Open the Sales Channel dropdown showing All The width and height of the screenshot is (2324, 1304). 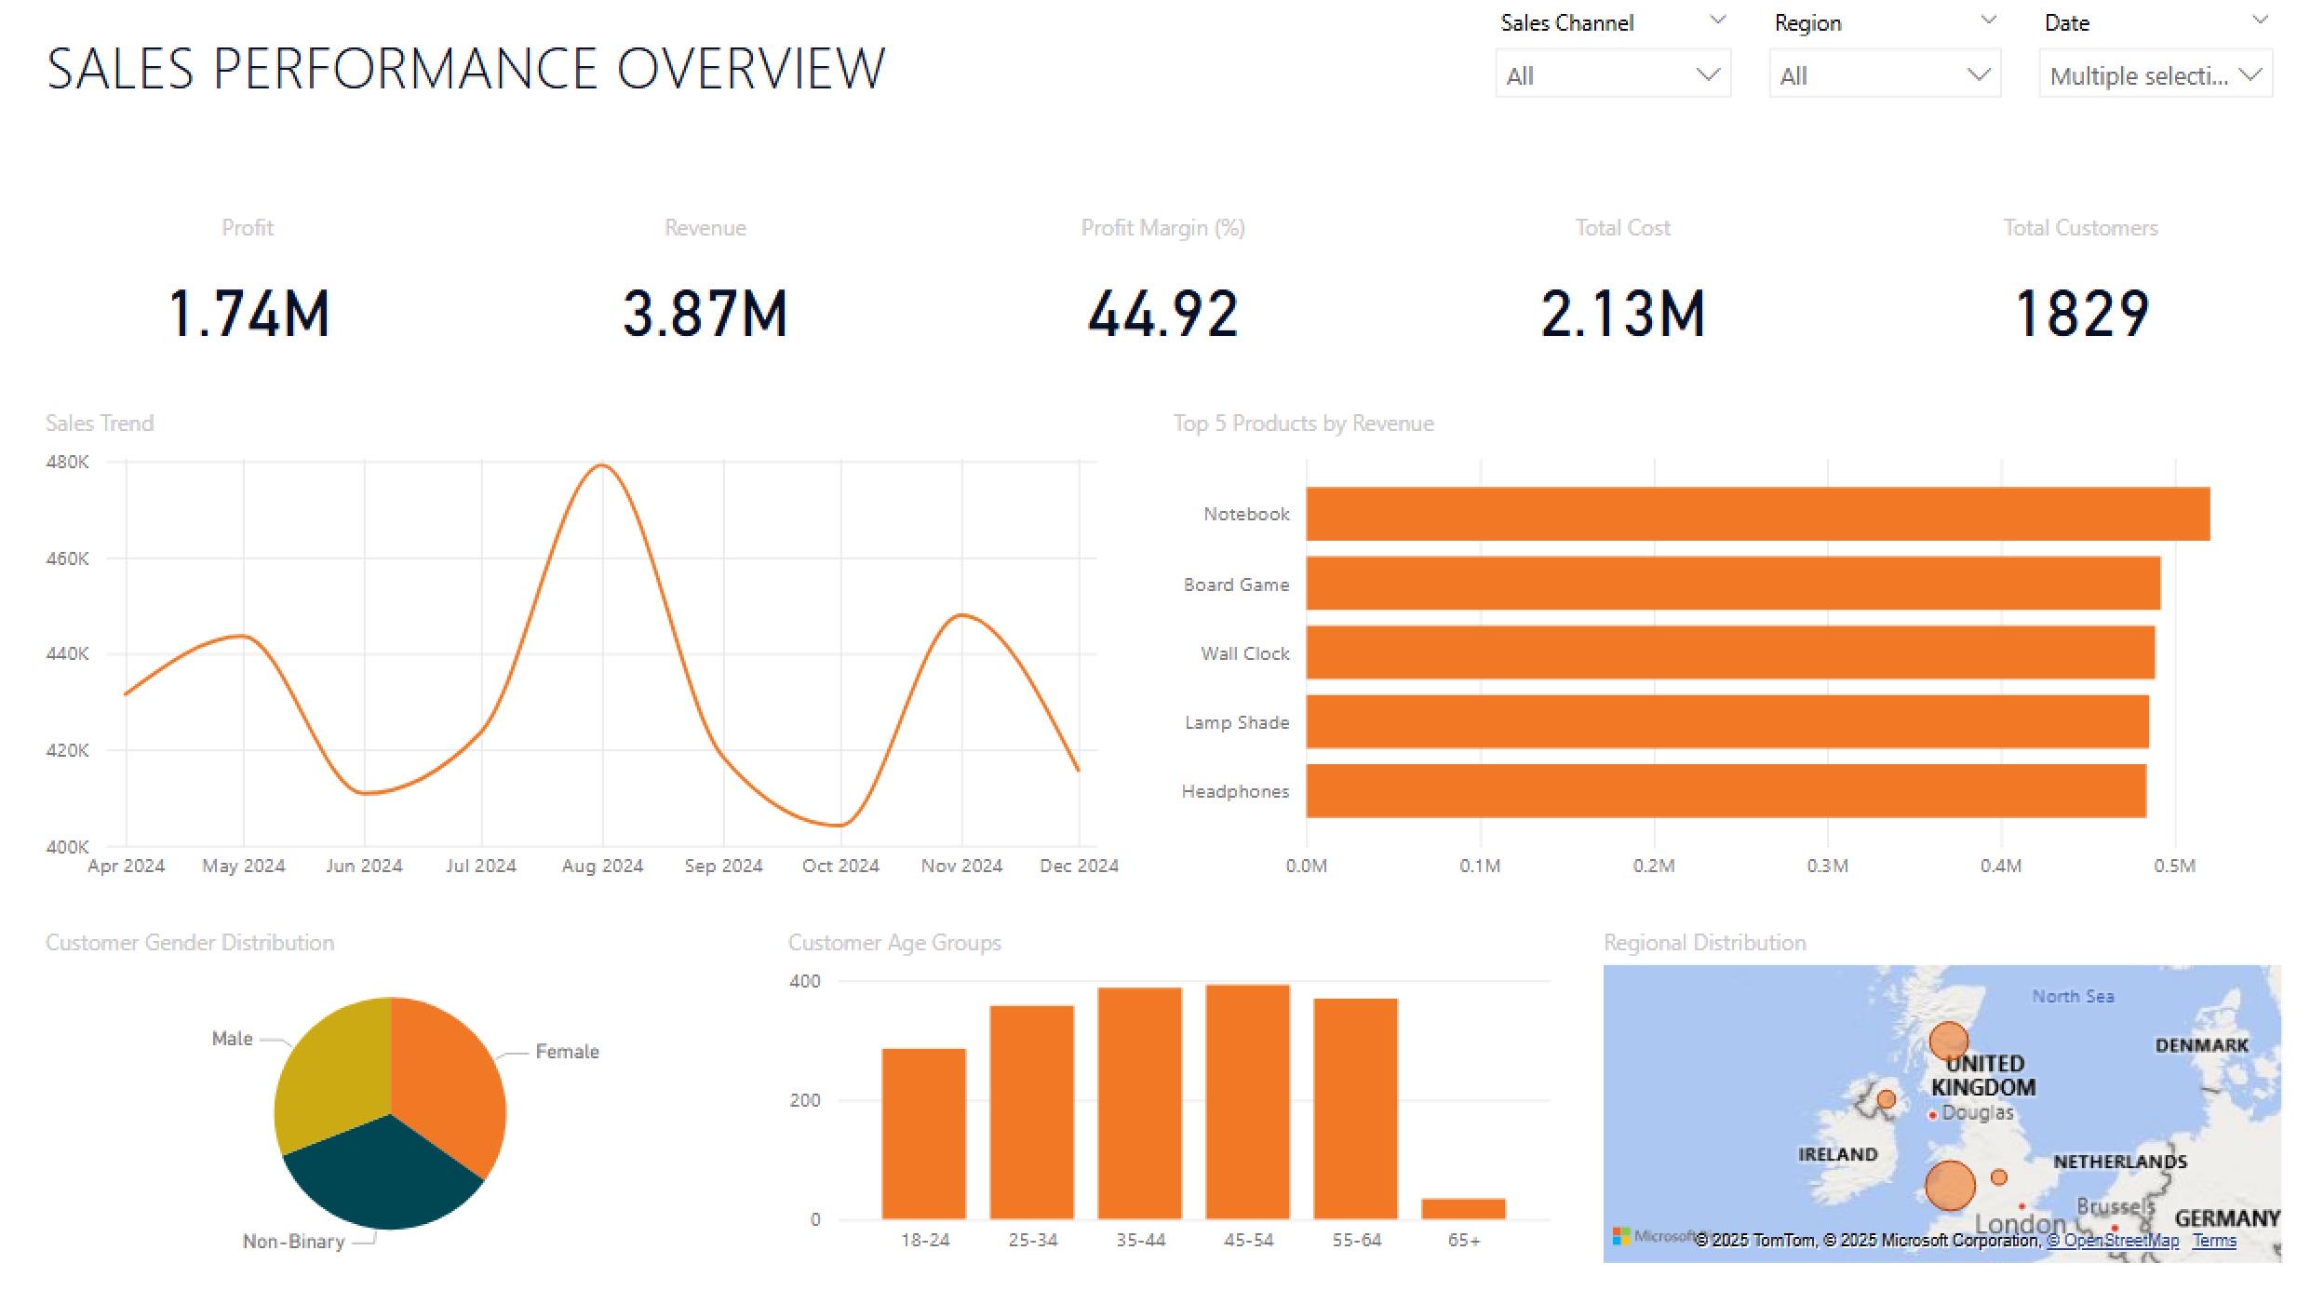[x=1612, y=75]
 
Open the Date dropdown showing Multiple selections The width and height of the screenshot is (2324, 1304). [x=2155, y=75]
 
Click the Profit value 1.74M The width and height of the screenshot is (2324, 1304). [x=249, y=314]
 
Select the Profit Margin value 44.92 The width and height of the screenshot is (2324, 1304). [x=1162, y=314]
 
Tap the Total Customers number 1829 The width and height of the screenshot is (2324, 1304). [x=2081, y=314]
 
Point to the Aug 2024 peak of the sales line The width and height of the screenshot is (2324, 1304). [x=602, y=465]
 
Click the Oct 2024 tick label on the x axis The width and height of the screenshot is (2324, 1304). [x=840, y=866]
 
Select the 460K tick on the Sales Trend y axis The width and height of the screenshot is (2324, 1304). [x=67, y=558]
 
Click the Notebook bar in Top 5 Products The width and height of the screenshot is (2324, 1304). [x=1757, y=514]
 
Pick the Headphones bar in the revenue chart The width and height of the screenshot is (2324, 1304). [x=1726, y=791]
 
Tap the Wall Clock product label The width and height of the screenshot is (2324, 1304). [x=1244, y=653]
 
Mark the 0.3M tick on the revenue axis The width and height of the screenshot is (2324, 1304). [x=1827, y=866]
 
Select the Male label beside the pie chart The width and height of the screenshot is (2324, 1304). [x=232, y=1038]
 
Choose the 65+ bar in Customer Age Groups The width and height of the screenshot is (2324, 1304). [x=1463, y=1208]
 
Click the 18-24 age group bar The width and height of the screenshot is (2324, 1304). [x=924, y=1133]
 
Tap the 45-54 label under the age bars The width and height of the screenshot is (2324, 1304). [x=1248, y=1240]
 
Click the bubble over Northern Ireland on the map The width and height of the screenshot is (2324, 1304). [x=1887, y=1099]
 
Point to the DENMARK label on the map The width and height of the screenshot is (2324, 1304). [x=2201, y=1045]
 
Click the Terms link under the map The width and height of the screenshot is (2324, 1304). [x=2214, y=1240]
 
